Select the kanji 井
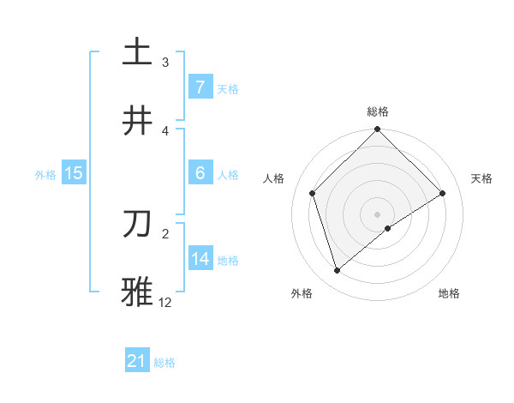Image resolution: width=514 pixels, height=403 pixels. coord(137,121)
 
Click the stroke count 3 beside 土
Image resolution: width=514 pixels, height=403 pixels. coord(165,63)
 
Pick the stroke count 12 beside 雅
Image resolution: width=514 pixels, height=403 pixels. coord(165,302)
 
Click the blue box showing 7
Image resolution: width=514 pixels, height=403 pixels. coord(200,87)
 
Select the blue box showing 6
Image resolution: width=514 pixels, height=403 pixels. coord(200,173)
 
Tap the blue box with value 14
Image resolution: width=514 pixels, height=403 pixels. coord(200,259)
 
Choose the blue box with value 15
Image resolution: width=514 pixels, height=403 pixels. coord(74,173)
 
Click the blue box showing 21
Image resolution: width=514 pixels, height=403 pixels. coord(137,362)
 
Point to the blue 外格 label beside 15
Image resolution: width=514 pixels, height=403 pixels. coord(45,174)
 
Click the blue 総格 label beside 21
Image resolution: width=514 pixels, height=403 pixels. coord(164,363)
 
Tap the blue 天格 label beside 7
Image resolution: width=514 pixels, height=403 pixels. coord(227,88)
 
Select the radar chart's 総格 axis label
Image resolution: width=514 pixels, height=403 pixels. coord(378,111)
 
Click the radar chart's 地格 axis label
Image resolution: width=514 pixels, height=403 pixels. coord(449,293)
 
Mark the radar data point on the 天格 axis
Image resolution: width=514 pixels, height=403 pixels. coord(443,194)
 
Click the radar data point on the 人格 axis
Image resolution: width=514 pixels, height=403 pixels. coord(313,193)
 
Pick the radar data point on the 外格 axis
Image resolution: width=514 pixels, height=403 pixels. coord(338,271)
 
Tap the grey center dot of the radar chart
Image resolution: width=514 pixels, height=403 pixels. coord(378,214)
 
